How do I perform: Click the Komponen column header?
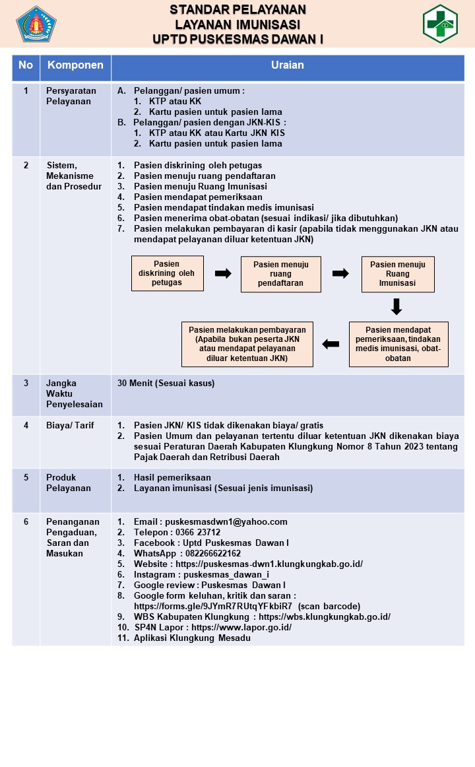tap(75, 65)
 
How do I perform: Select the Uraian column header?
tap(288, 65)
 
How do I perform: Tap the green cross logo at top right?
tap(440, 24)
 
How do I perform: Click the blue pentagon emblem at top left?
tap(36, 24)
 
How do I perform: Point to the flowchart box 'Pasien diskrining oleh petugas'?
tap(167, 273)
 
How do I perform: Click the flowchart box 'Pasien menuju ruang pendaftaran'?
tap(280, 274)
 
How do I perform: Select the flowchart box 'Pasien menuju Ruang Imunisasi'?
tap(398, 274)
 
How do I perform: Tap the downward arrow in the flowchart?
tap(396, 307)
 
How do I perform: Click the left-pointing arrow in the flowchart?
tap(331, 345)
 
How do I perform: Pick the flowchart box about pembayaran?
tap(247, 344)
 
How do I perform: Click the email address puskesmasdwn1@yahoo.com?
tap(226, 521)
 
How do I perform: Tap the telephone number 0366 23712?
tap(198, 532)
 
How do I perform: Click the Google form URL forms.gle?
tap(213, 606)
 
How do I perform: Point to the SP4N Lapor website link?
tap(241, 627)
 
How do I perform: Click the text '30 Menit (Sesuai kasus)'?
tap(166, 383)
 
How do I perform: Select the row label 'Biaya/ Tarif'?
tap(70, 425)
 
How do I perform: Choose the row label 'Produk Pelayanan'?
tap(69, 483)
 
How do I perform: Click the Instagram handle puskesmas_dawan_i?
tap(226, 574)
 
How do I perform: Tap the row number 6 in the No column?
tap(26, 521)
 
